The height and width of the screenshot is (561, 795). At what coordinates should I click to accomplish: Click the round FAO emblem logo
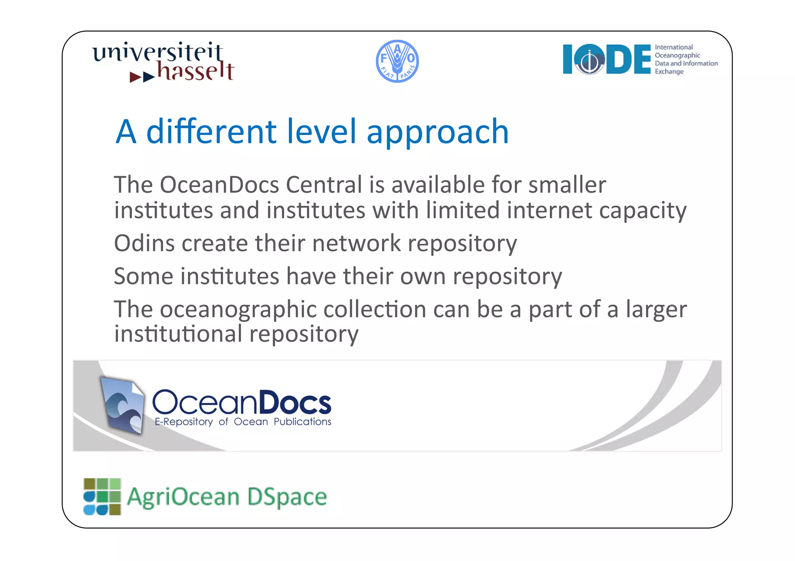click(x=397, y=61)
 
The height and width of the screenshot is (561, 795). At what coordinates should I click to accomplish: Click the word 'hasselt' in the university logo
click(x=195, y=71)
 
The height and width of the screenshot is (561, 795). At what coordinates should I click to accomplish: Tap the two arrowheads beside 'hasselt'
click(x=142, y=77)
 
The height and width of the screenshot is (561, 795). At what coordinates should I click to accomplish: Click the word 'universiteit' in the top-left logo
click(x=157, y=52)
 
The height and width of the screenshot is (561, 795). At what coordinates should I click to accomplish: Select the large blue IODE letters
click(x=606, y=59)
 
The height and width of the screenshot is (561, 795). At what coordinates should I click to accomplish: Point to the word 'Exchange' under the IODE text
click(x=669, y=72)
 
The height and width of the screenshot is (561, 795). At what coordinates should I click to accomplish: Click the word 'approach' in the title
click(x=437, y=132)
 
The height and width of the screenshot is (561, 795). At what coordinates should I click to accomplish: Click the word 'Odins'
click(x=144, y=243)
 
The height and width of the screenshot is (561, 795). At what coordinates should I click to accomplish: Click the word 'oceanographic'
click(x=238, y=310)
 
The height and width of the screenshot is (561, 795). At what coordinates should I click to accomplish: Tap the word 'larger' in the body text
click(x=656, y=309)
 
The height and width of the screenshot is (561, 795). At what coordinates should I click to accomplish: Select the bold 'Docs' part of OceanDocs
click(x=295, y=403)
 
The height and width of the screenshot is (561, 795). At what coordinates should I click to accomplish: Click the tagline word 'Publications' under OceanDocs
click(x=302, y=422)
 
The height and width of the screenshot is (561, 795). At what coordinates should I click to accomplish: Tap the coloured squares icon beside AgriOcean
click(x=102, y=497)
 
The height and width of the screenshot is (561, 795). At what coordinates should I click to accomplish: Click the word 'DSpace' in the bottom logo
click(x=287, y=497)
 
